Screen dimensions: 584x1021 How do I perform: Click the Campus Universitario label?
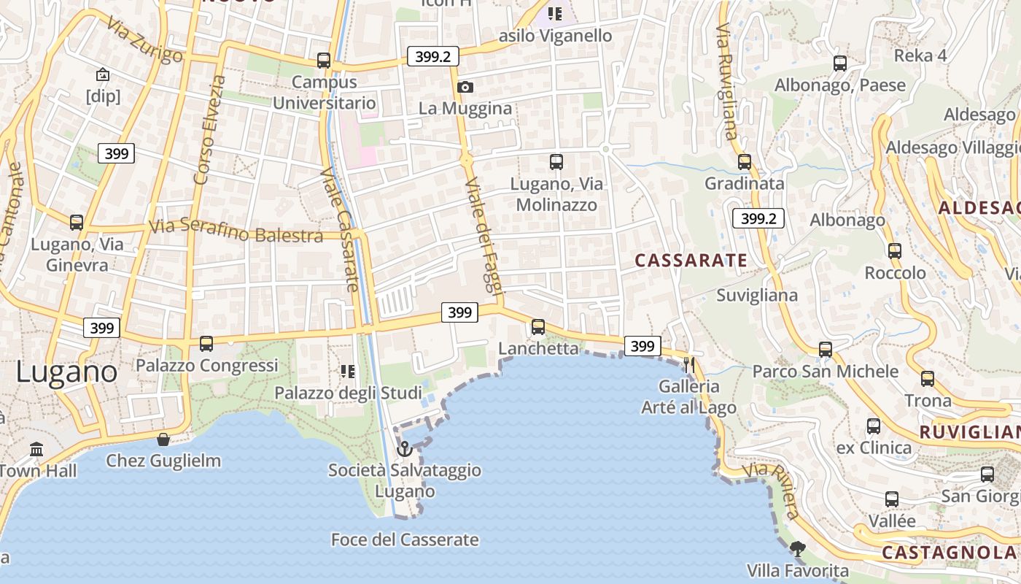[325, 93]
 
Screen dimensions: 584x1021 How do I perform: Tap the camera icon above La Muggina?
[465, 88]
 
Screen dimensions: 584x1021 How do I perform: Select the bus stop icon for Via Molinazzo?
[556, 161]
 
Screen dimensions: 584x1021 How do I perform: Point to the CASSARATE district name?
[691, 261]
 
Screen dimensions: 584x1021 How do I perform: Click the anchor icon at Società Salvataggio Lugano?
[404, 448]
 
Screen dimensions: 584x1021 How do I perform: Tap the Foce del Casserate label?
[405, 540]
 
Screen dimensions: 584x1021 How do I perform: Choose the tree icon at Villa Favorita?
[798, 548]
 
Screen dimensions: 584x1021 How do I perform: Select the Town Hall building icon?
[36, 448]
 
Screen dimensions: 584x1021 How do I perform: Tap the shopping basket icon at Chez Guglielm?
[163, 439]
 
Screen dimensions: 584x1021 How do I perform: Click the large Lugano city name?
[66, 372]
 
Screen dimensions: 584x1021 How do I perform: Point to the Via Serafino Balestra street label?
[236, 231]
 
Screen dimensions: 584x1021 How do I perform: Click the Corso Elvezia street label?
[209, 129]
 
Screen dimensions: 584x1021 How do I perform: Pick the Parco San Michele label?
[825, 372]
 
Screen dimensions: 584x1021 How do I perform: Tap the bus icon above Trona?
[927, 379]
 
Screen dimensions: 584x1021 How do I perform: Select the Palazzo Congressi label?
[207, 365]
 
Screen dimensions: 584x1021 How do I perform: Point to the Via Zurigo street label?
[144, 41]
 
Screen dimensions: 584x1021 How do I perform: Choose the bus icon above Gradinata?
[744, 161]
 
